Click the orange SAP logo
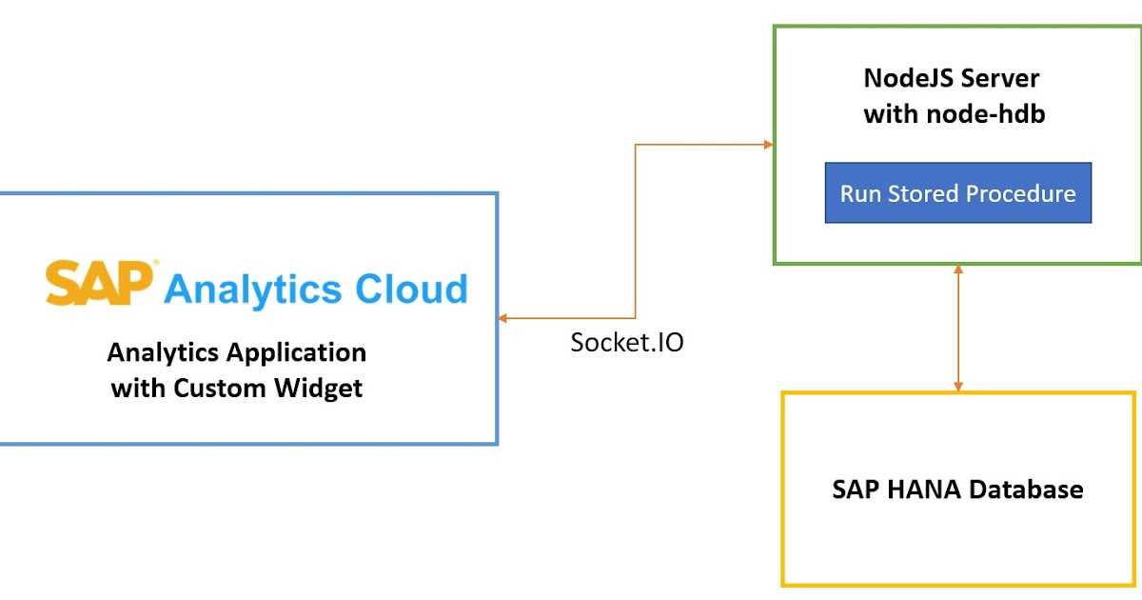coord(101,284)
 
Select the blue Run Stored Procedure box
coord(957,193)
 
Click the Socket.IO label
coord(626,343)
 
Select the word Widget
coord(318,389)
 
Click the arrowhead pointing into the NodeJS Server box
coord(768,145)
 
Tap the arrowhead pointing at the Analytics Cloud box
coord(503,318)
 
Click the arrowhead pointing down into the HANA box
coord(958,386)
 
